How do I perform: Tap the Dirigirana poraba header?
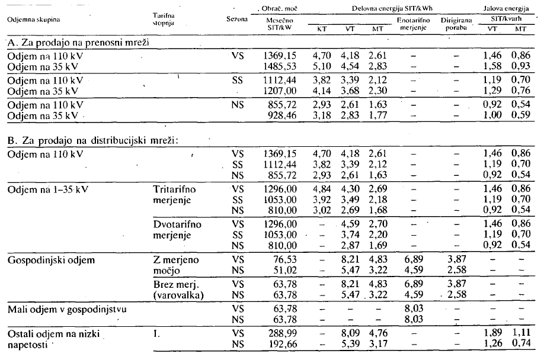457,24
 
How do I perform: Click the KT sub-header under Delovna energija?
321,28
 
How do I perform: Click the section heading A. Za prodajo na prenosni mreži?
77,44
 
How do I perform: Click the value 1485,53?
278,66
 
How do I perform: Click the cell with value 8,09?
350,334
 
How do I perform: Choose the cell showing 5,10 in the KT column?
321,66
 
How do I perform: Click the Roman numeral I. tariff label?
156,334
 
